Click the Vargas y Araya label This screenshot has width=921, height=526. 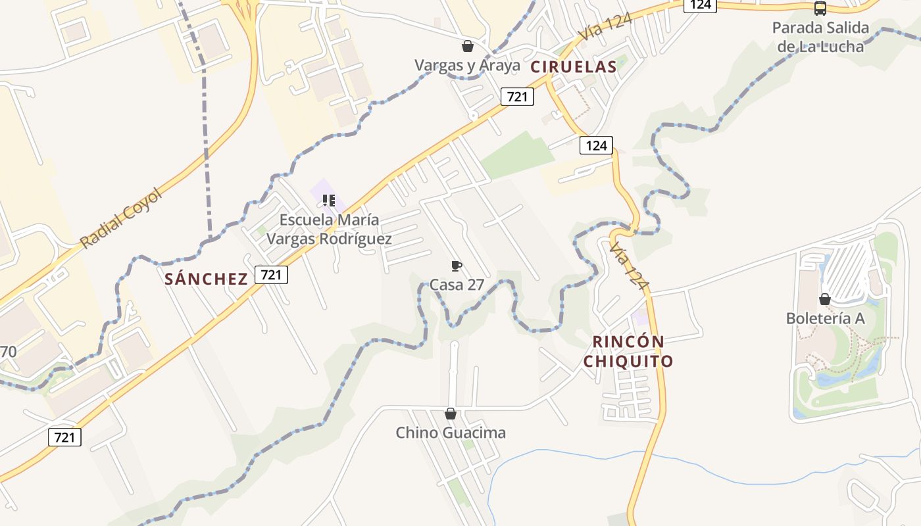click(x=467, y=65)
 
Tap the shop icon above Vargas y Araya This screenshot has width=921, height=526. click(x=467, y=46)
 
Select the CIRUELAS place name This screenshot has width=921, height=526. click(x=574, y=66)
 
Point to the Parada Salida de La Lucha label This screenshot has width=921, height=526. click(x=820, y=37)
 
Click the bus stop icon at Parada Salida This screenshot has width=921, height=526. click(x=820, y=9)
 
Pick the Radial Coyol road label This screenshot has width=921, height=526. click(x=121, y=218)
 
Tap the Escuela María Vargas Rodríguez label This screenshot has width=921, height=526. click(x=329, y=229)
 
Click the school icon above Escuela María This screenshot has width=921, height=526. click(x=329, y=200)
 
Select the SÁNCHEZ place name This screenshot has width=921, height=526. click(x=206, y=279)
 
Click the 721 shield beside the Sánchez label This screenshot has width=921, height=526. click(x=271, y=275)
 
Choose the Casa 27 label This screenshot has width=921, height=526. click(x=457, y=285)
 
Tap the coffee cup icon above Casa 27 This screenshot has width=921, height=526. click(x=456, y=266)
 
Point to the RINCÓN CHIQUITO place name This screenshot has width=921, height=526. click(x=628, y=351)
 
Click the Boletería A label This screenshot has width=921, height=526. click(x=825, y=318)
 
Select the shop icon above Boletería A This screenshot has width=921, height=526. click(x=824, y=299)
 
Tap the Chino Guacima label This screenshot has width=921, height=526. click(x=451, y=433)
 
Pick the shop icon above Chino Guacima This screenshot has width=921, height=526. click(x=451, y=414)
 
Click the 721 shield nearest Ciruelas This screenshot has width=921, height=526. click(x=517, y=97)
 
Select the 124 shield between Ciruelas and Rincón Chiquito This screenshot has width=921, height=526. click(x=596, y=145)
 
